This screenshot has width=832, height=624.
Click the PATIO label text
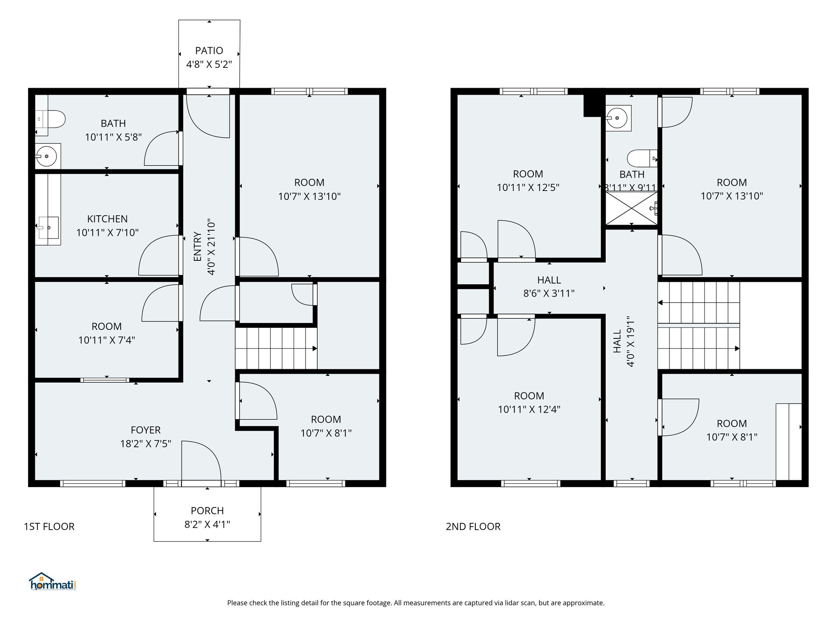click(x=209, y=51)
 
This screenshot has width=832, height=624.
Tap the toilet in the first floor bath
click(x=55, y=119)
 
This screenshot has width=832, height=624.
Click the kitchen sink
click(x=48, y=228)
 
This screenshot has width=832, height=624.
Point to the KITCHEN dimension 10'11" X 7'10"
click(x=107, y=233)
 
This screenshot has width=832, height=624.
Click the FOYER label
click(x=145, y=430)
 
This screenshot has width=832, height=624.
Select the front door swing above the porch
click(x=201, y=461)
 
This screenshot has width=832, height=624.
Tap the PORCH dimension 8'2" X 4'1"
click(x=207, y=524)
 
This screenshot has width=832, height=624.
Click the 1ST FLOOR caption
click(x=49, y=526)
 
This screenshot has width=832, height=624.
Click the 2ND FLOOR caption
click(x=473, y=526)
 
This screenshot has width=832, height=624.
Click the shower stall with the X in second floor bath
click(x=631, y=208)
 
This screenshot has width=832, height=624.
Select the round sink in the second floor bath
click(x=618, y=118)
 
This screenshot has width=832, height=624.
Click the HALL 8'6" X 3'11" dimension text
click(x=549, y=293)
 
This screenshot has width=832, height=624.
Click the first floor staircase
click(x=276, y=349)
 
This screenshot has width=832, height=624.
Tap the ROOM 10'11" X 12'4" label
click(x=529, y=403)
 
